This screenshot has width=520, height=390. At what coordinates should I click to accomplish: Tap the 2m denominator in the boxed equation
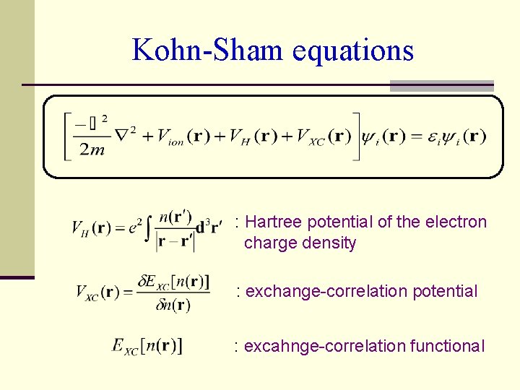(x=92, y=149)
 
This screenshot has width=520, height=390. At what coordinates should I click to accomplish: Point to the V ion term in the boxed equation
(x=170, y=136)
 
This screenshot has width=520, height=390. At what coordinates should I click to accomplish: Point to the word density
(x=330, y=243)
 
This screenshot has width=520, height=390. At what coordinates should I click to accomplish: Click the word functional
(x=447, y=347)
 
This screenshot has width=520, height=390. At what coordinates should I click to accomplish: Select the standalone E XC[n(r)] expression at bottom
(x=147, y=347)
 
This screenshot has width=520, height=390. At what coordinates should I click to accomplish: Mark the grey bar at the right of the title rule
(x=441, y=85)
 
